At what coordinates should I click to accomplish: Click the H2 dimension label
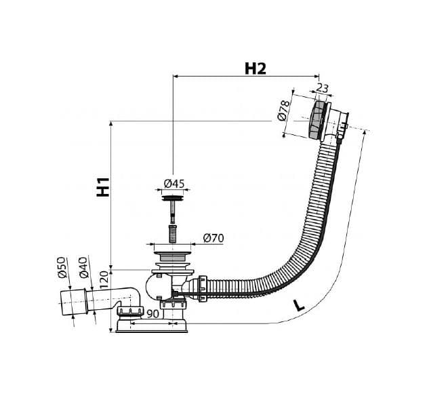pyautogui.click(x=255, y=68)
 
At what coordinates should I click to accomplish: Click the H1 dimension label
pyautogui.click(x=103, y=187)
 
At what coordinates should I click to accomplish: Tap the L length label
pyautogui.click(x=300, y=305)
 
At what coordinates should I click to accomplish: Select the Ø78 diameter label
pyautogui.click(x=283, y=110)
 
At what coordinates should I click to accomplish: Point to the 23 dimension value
pyautogui.click(x=323, y=88)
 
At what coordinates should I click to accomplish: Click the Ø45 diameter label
pyautogui.click(x=174, y=183)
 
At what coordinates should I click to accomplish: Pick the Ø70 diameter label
pyautogui.click(x=213, y=238)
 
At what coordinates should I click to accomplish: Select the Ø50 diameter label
pyautogui.click(x=62, y=267)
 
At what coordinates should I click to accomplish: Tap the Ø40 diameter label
pyautogui.click(x=84, y=267)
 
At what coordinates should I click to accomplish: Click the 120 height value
pyautogui.click(x=104, y=280)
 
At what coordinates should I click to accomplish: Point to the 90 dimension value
pyautogui.click(x=152, y=314)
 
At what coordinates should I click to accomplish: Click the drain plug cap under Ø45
pyautogui.click(x=172, y=198)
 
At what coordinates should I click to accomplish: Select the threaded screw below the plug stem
pyautogui.click(x=173, y=233)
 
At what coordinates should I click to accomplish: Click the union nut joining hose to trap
pyautogui.click(x=203, y=289)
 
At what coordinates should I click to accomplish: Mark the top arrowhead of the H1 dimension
pyautogui.click(x=111, y=123)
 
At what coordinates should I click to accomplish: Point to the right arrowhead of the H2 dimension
pyautogui.click(x=317, y=76)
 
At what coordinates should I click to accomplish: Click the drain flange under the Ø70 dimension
pyautogui.click(x=172, y=256)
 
